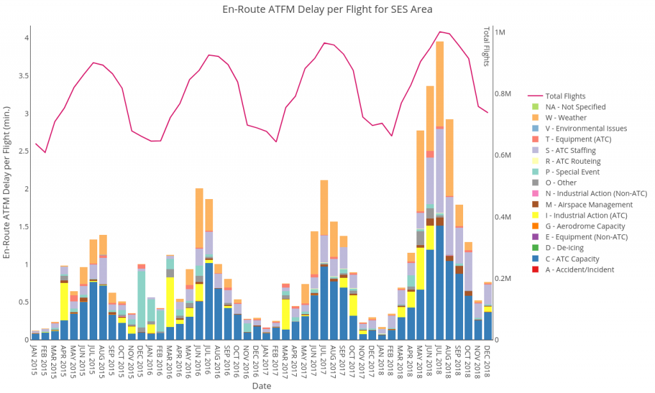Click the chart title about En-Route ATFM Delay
click(327, 10)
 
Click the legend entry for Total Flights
click(565, 96)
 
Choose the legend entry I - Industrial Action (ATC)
click(589, 215)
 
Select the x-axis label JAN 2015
click(35, 362)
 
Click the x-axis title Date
click(261, 386)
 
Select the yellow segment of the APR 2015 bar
click(65, 301)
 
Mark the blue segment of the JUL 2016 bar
click(209, 301)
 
